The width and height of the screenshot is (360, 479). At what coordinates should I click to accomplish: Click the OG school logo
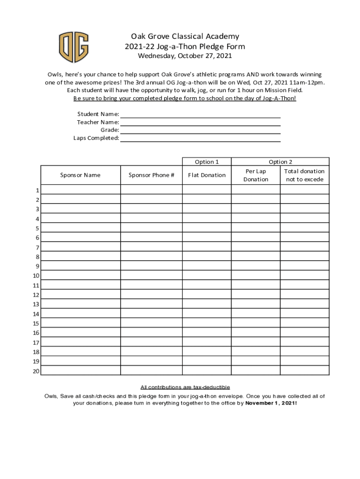73,47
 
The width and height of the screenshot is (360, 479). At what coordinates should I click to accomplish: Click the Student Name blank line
200,115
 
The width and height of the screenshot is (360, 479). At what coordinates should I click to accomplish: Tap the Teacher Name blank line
200,123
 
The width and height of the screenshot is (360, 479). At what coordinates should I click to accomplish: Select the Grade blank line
200,131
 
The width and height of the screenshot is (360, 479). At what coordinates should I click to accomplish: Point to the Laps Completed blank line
200,138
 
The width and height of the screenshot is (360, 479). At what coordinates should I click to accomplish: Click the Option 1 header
207,162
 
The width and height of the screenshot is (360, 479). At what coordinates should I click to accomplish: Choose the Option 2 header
281,162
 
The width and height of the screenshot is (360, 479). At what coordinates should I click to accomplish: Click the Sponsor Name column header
80,175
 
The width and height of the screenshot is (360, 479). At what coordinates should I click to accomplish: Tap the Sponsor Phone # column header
151,175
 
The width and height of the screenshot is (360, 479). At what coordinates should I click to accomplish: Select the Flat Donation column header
207,175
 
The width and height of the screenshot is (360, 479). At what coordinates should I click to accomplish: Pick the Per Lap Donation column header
256,175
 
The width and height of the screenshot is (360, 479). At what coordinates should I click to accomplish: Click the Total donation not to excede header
304,175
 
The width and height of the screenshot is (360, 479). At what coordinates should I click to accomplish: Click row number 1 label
37,190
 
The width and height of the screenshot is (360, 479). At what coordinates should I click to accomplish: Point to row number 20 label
36,371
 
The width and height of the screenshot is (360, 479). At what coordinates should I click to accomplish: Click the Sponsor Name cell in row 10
80,276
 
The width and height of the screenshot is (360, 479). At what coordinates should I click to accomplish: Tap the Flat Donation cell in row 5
207,228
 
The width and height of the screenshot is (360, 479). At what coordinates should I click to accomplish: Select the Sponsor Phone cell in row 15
151,323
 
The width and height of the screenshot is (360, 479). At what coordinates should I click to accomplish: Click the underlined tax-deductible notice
185,387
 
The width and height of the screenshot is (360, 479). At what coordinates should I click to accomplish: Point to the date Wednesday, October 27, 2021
184,56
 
